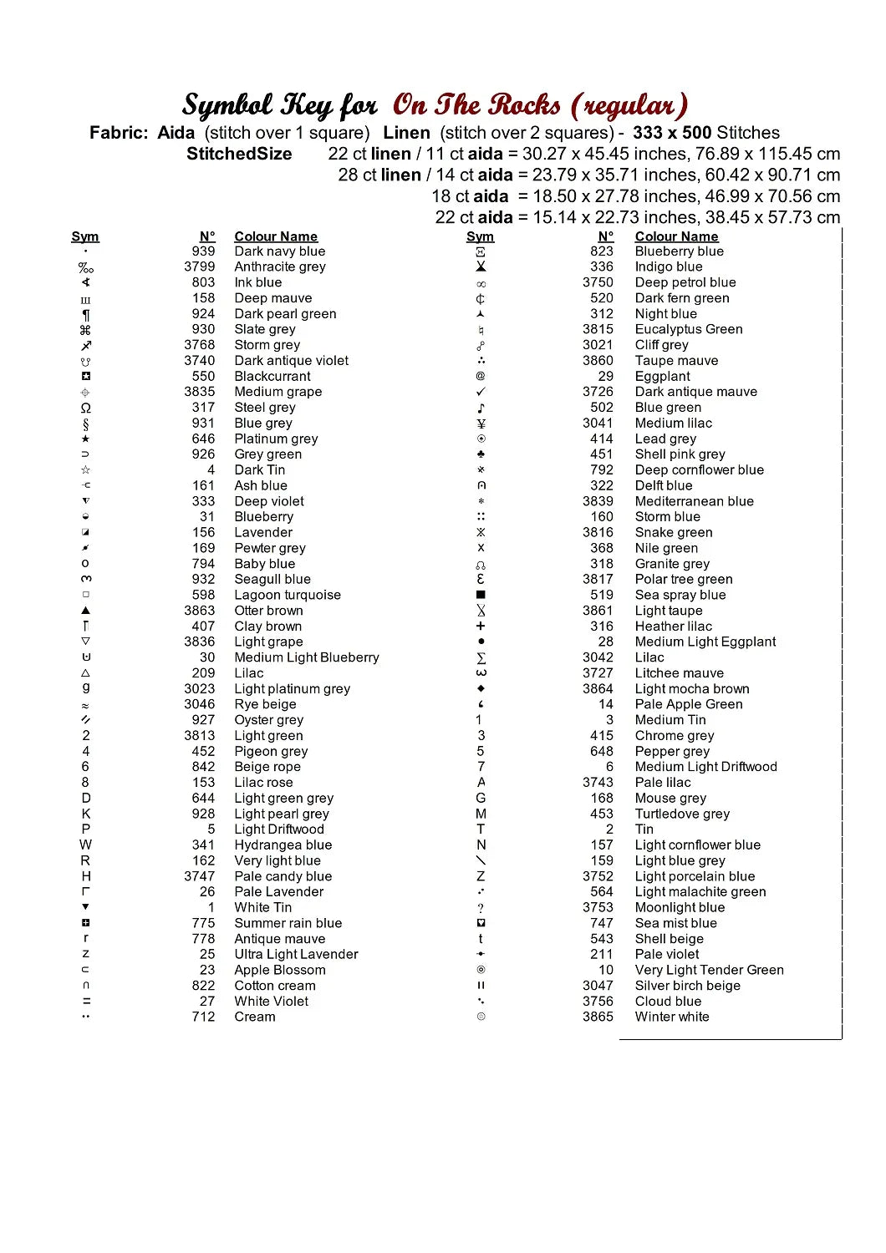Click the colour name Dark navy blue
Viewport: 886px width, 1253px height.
[x=279, y=251]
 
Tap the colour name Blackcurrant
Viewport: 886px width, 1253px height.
[x=272, y=377]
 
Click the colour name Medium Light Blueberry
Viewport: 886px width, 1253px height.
[x=306, y=657]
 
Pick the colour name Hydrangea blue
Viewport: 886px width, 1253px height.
[x=283, y=845]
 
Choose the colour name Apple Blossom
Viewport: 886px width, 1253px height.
[x=279, y=970]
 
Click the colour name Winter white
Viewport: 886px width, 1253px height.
[x=671, y=1017]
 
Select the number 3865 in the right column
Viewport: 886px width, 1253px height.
[x=598, y=1017]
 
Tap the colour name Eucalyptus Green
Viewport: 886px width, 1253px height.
[x=688, y=329]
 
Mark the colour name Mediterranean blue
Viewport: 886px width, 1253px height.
[x=694, y=501]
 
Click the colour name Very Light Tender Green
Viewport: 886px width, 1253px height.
[x=709, y=970]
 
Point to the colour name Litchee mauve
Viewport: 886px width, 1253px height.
[x=679, y=673]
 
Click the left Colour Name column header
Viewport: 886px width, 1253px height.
[x=276, y=236]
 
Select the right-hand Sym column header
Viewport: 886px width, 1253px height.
[x=480, y=236]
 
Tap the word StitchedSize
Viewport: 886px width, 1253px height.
[x=239, y=154]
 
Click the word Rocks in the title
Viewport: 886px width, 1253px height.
[x=524, y=105]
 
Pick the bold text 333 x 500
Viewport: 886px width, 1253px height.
[x=671, y=133]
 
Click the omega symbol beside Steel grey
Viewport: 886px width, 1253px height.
[x=85, y=408]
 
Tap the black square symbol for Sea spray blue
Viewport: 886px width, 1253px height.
[x=481, y=595]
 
